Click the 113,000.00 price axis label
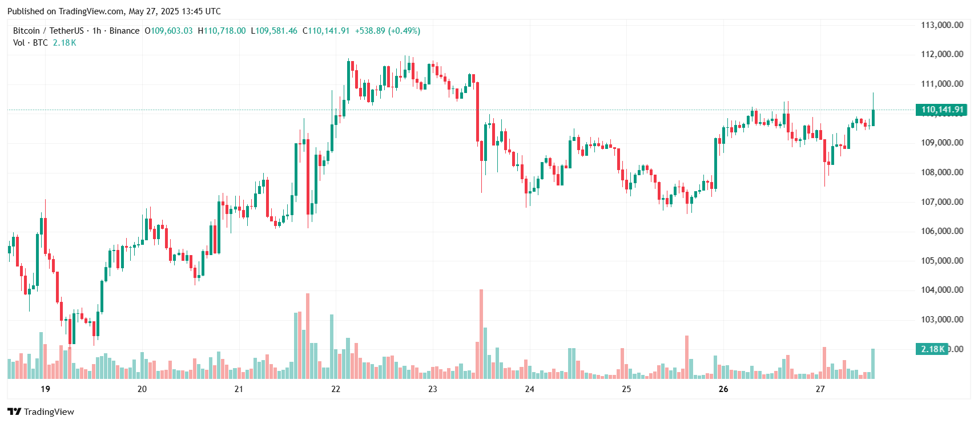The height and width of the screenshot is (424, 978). coord(941,25)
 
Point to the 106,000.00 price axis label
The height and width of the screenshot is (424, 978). coord(941,231)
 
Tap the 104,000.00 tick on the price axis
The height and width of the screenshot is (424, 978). coord(941,290)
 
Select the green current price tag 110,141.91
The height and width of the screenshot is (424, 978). coord(941,110)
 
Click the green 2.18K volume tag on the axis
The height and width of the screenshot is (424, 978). coord(932,349)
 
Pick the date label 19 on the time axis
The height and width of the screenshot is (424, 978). coord(46,389)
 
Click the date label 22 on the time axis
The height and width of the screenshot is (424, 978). coord(336,389)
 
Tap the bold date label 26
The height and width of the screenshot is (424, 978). coord(723,389)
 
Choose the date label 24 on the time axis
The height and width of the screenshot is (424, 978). coord(530,389)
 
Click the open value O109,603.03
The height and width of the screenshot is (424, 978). coord(168,31)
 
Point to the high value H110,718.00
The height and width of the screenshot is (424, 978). coord(222,31)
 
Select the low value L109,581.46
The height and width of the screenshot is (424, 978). coord(274,31)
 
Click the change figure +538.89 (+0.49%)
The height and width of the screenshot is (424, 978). coord(387,31)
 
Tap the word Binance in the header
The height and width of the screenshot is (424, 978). coord(124,31)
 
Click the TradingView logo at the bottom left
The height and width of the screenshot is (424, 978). coord(41,412)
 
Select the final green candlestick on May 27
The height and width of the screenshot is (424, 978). coord(873,118)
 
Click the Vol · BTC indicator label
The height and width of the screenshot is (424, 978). coord(30,43)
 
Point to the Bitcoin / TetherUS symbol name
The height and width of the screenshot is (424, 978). coord(48,31)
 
